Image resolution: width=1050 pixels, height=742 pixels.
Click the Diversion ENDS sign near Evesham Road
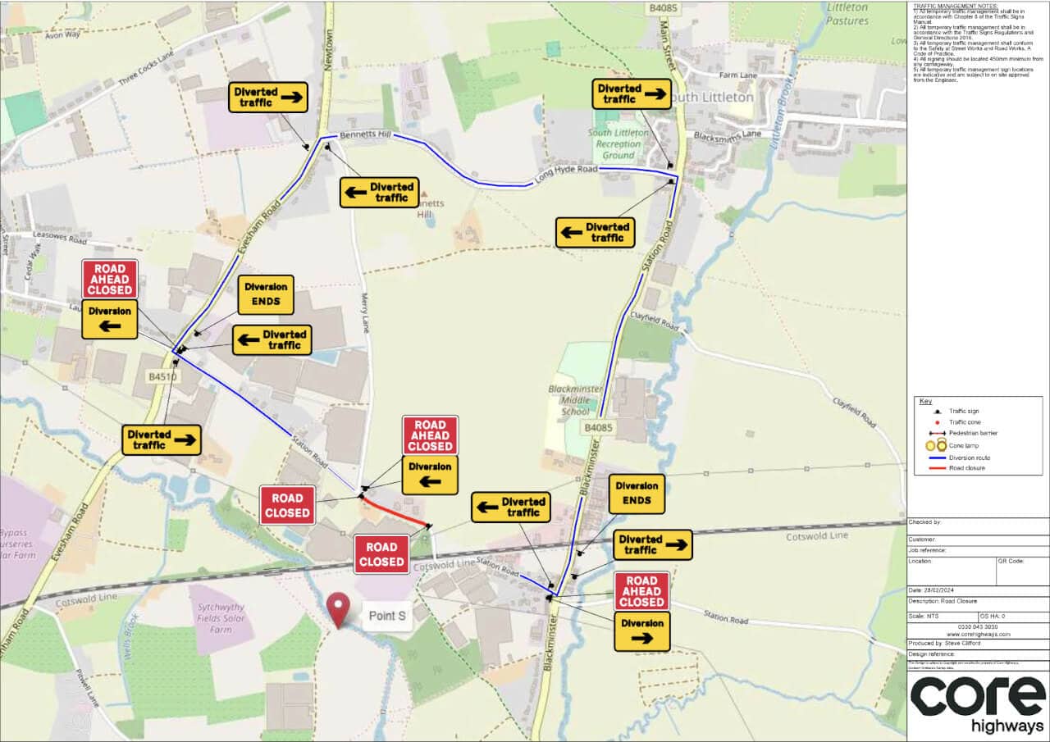(x=267, y=294)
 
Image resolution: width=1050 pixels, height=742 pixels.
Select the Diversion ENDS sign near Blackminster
(x=637, y=493)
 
